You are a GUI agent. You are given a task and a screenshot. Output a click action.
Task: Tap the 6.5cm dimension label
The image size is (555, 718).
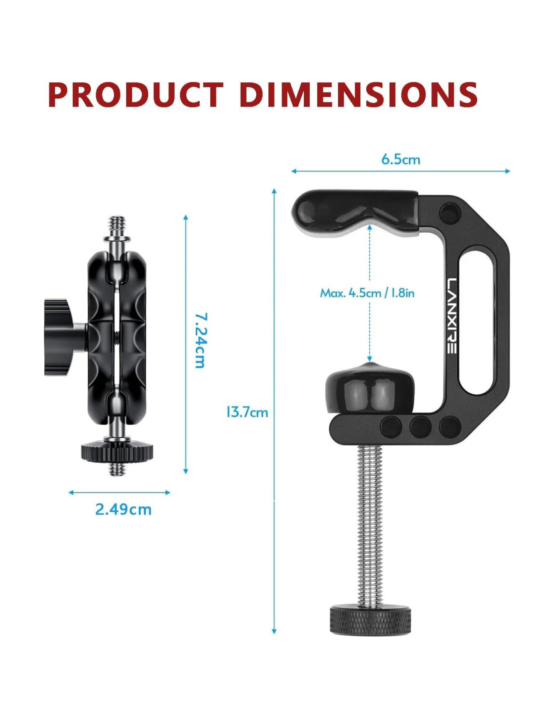[x=401, y=160]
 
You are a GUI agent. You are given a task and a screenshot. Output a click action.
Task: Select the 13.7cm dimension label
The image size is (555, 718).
[x=247, y=413]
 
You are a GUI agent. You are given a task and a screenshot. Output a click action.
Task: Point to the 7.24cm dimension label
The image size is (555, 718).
[x=200, y=340]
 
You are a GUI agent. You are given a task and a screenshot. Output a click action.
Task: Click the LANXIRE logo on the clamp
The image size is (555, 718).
[x=452, y=316]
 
